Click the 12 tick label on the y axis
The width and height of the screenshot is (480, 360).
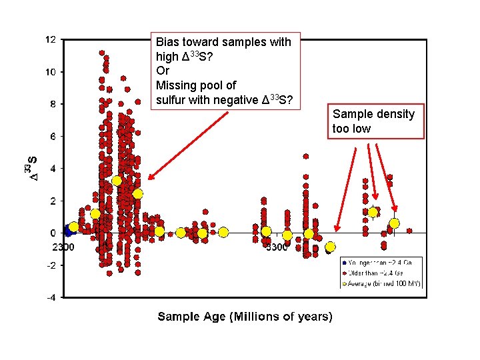[x=51, y=39]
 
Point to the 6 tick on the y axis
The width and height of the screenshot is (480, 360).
[x=52, y=136]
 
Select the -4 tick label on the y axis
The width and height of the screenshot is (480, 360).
[x=50, y=297]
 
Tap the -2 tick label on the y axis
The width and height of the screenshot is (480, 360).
[x=50, y=265]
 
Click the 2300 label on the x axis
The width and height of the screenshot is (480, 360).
[x=63, y=247]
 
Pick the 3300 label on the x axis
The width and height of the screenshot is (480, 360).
[x=277, y=247]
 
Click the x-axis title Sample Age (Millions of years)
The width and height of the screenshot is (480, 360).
[x=245, y=316]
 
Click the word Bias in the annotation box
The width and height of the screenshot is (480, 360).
[x=167, y=42]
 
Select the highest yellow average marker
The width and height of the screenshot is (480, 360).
[x=117, y=181]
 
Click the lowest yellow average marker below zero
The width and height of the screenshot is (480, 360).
[x=330, y=247]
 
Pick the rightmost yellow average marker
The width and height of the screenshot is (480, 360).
[x=394, y=223]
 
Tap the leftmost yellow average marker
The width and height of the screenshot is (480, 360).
[x=73, y=227]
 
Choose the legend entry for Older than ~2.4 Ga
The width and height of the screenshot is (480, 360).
[x=380, y=273]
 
